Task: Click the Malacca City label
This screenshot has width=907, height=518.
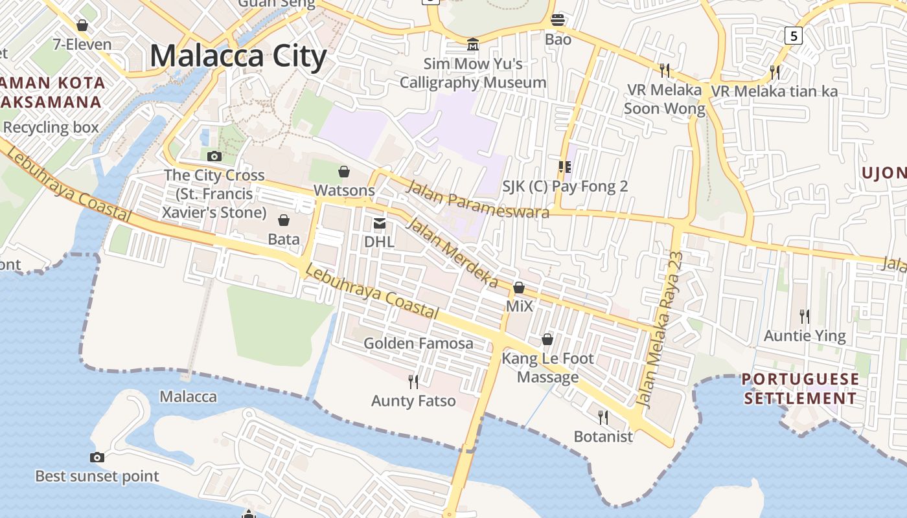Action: tap(238, 56)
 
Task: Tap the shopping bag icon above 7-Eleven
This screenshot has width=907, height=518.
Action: tap(82, 25)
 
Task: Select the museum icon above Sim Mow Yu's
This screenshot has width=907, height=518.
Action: tap(473, 45)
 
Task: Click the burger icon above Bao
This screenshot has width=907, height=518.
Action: tap(558, 20)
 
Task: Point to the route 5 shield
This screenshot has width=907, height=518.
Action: tap(793, 35)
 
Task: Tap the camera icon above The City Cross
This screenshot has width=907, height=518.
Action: tap(214, 156)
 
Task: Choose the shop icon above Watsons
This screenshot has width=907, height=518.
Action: tap(344, 172)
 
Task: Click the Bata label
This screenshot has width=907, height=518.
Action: tap(284, 239)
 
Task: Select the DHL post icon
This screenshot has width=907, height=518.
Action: tap(380, 224)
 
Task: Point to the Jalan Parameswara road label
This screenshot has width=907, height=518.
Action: tap(477, 199)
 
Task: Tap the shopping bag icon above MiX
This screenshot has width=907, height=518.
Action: tap(519, 287)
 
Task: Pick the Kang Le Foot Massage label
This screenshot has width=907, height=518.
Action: tap(547, 368)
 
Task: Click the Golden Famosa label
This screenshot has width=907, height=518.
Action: tap(418, 343)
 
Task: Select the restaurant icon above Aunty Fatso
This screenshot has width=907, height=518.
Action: tap(413, 382)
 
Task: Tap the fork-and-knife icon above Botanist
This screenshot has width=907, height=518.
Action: tap(603, 417)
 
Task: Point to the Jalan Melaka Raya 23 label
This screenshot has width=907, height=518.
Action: tap(660, 331)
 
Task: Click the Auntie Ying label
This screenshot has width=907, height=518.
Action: tap(805, 336)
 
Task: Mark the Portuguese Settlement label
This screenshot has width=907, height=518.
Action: tap(801, 388)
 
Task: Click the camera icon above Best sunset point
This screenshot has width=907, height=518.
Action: tap(97, 457)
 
